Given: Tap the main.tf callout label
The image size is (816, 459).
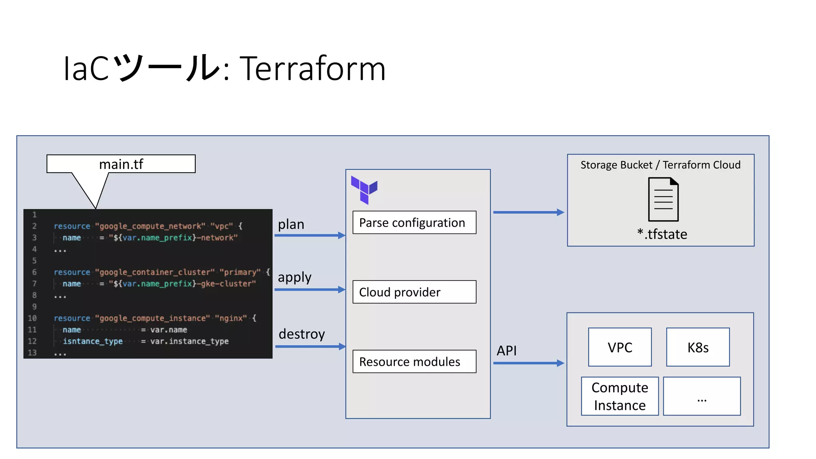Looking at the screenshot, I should coord(121,164).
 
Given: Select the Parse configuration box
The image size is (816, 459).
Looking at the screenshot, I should coord(414,222).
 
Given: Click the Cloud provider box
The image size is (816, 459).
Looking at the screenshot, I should coord(414,292).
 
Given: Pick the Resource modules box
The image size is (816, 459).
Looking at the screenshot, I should coord(414,361).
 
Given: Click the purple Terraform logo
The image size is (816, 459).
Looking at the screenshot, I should coord(364,190).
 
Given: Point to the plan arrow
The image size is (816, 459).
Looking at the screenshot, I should coord(309,235).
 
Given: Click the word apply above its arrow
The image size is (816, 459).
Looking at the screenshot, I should coord(294,277).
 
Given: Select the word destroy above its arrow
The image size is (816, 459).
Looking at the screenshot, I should coord(302,334).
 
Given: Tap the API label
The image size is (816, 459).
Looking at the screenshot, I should coord(506,351).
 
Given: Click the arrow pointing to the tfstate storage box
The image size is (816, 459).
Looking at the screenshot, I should coord(528,212).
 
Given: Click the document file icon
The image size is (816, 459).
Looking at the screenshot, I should coord(663,199).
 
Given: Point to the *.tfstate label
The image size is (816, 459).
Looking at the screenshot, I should coord(662,234).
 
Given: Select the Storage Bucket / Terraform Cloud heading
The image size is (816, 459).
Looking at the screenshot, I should coord(660,165).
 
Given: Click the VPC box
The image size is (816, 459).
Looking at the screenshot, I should coord(620,347).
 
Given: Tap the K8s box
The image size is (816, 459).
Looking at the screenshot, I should coord(698,347).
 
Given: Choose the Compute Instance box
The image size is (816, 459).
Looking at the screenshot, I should coord(620,396).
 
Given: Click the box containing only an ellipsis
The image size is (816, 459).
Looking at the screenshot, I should coord(702,396).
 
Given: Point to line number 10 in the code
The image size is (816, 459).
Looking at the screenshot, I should coord(32,318).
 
